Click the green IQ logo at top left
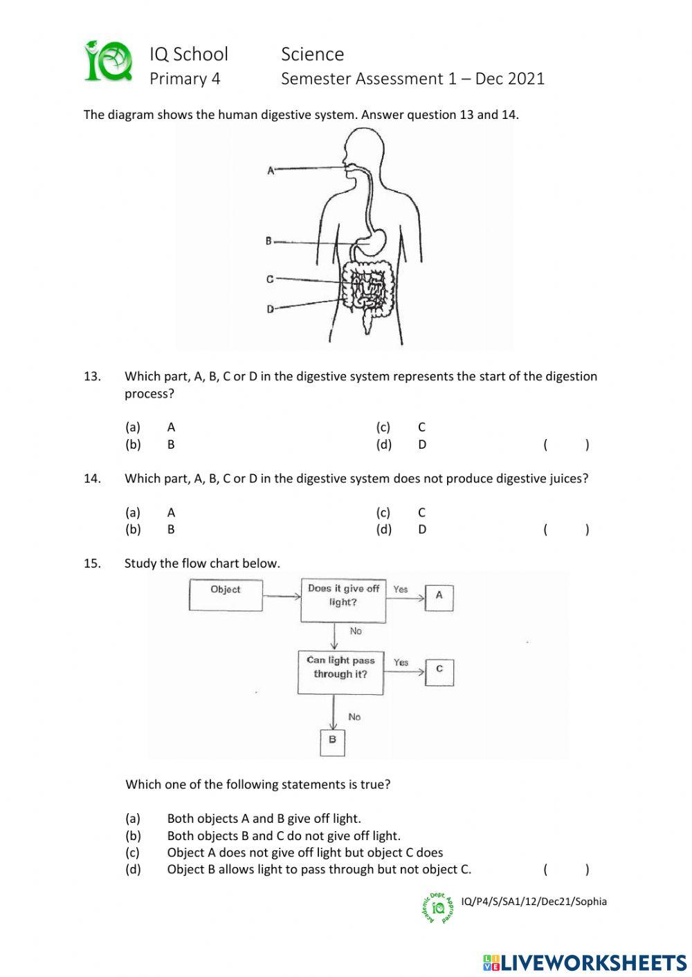109,62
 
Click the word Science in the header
312,54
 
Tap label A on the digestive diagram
271,169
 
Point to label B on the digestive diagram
268,241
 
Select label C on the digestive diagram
269,279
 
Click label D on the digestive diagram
270,309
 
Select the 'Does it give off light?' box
343,599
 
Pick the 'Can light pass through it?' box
340,672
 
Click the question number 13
92,377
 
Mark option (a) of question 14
133,512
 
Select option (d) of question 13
384,445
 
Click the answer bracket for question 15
566,870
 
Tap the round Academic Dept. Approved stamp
438,908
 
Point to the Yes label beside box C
401,662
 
